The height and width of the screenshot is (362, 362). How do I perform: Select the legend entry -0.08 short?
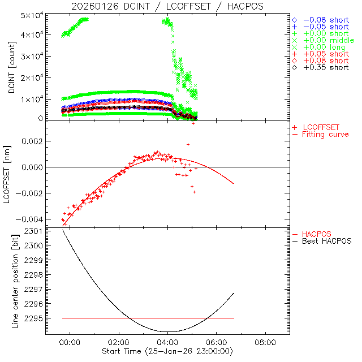pyautogui.click(x=326, y=20)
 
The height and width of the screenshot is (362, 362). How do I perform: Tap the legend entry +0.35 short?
pyautogui.click(x=326, y=67)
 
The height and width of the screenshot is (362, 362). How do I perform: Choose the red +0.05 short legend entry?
pyautogui.click(x=326, y=54)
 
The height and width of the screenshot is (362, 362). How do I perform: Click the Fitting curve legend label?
pyautogui.click(x=325, y=134)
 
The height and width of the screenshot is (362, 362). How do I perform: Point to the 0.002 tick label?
pyautogui.click(x=31, y=141)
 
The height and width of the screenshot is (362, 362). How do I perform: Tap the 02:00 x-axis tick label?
pyautogui.click(x=119, y=343)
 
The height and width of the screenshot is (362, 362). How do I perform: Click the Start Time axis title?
pyautogui.click(x=167, y=352)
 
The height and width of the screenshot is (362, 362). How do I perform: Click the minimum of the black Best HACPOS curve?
pyautogui.click(x=168, y=331)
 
